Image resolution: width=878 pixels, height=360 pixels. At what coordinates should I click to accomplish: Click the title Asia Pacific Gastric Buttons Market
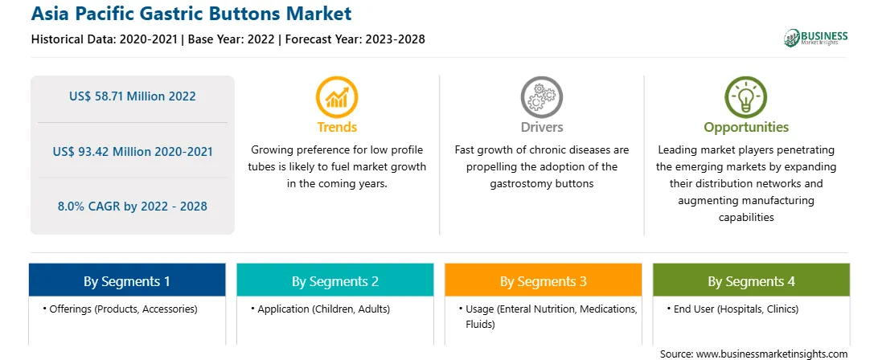point(191,14)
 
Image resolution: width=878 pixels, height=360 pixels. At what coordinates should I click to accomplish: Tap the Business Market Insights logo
point(815,38)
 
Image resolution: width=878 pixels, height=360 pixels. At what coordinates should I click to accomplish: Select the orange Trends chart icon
point(337,97)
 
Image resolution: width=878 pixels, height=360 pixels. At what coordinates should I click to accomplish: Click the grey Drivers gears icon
point(541,97)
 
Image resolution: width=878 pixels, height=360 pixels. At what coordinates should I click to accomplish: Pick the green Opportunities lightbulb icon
point(746,97)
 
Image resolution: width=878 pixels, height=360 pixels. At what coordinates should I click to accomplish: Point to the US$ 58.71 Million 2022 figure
point(133,96)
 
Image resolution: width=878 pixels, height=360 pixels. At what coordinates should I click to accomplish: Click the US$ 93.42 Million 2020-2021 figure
point(133,152)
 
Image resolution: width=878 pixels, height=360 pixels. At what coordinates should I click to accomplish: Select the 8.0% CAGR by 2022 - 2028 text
point(133,206)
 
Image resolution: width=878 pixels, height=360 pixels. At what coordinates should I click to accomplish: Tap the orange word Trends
point(337,127)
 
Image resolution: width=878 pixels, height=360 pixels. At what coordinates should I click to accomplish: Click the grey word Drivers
point(542,127)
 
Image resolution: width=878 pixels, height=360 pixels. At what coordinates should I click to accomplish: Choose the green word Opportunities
point(746,128)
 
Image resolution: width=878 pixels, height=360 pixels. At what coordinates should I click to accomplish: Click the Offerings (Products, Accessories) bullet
point(120,309)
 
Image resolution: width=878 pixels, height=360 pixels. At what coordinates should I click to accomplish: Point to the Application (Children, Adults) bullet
point(320,309)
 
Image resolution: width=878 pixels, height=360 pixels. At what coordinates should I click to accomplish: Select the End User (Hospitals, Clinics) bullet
point(733,309)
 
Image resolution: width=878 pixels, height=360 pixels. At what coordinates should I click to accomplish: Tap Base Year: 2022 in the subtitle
point(232,39)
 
